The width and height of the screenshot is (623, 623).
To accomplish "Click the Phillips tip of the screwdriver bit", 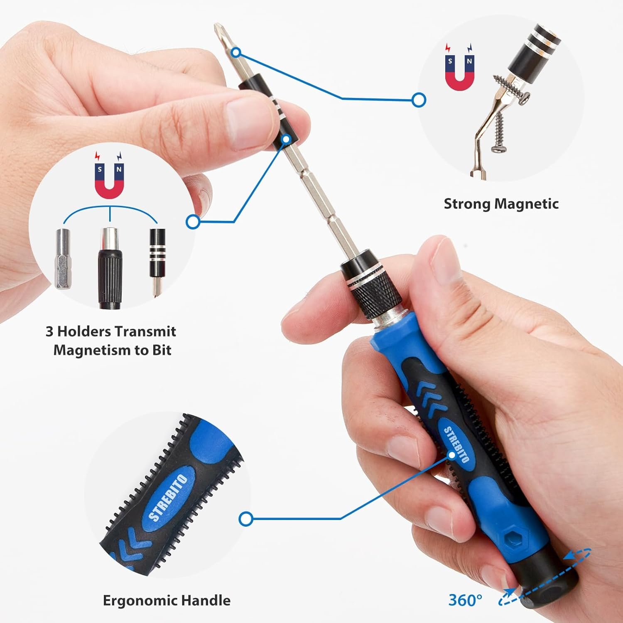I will click(217, 29).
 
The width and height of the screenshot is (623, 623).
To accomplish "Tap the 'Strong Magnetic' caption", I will click(501, 204).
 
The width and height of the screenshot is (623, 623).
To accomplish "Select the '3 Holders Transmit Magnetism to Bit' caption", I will click(111, 341).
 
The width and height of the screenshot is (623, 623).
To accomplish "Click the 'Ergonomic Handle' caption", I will click(167, 600).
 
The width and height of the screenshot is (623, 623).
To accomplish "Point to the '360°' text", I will click(465, 600).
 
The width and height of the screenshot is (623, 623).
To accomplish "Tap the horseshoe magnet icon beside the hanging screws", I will click(459, 66).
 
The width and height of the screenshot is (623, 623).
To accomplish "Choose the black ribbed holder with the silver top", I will click(110, 266).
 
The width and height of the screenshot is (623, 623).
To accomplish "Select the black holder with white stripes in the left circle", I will click(157, 253).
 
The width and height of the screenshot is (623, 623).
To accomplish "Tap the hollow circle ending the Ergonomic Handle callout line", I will click(246, 518).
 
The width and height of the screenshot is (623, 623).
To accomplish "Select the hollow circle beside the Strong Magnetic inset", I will click(419, 99).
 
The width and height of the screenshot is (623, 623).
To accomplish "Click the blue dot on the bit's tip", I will click(236, 52).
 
